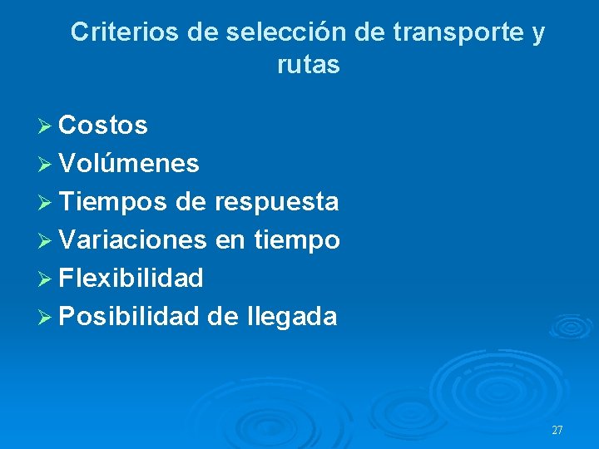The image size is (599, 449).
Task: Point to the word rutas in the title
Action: coord(309,65)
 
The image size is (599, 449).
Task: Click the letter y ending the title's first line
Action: coord(538,34)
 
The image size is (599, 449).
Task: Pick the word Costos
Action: coord(104,126)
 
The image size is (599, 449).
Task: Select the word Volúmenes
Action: coord(130,164)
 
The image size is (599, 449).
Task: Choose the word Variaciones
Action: coord(133,240)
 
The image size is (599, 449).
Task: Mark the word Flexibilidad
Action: coord(131,278)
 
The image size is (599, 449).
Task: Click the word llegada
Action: coord(292,317)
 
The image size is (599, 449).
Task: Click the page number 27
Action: coord(557,431)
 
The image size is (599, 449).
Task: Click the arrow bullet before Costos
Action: coord(46,126)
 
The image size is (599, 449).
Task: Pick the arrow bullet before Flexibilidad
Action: coord(46,279)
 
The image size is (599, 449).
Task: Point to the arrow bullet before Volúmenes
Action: coord(46,165)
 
